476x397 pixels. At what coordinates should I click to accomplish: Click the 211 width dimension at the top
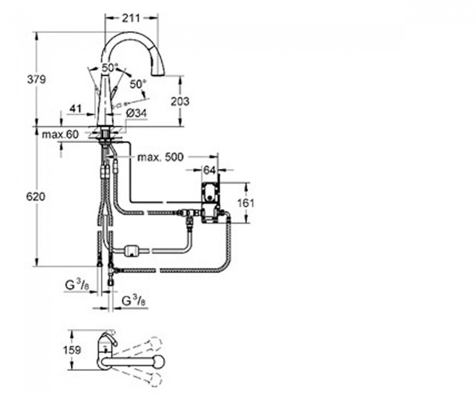(131, 18)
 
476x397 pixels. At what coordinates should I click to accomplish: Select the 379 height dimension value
(37, 79)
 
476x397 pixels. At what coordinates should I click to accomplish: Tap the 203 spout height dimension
(179, 101)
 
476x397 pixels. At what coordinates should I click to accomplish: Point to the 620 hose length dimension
(35, 197)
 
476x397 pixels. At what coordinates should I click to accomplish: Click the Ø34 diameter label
(135, 114)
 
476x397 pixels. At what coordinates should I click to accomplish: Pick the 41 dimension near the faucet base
(76, 108)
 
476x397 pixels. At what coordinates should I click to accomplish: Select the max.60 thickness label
(60, 134)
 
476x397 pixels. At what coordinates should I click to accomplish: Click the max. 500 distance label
(160, 157)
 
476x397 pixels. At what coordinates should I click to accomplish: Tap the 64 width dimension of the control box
(209, 170)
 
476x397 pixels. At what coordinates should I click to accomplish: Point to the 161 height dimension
(245, 203)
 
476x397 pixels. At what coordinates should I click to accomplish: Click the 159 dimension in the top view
(72, 350)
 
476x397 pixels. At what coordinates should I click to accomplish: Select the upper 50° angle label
(110, 68)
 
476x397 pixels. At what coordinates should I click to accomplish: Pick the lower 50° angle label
(138, 84)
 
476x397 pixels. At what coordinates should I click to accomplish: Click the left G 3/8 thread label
(77, 286)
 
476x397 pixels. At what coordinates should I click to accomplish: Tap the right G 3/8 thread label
(134, 301)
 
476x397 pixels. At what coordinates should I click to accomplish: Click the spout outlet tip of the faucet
(158, 75)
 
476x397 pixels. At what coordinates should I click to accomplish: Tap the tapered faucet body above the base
(105, 102)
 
